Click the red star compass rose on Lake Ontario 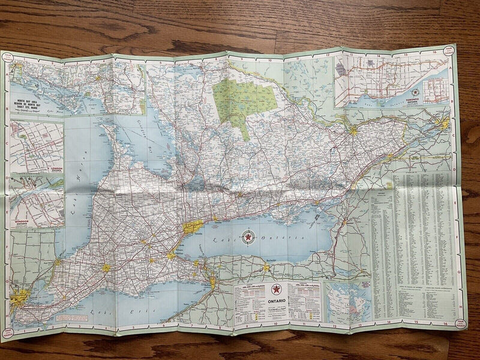[247, 237]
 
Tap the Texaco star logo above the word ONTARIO [276, 289]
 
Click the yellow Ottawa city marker [353, 130]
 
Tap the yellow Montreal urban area [445, 124]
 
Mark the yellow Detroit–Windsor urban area [21, 296]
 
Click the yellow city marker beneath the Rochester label [266, 268]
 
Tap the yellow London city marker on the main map [106, 268]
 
